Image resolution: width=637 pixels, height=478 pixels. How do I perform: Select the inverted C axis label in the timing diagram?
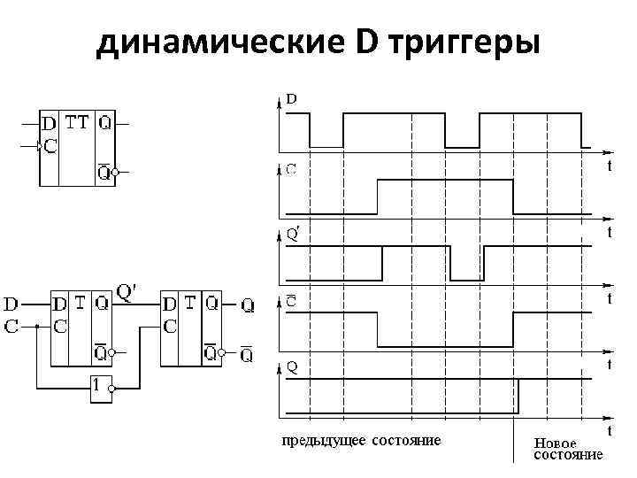click(x=290, y=301)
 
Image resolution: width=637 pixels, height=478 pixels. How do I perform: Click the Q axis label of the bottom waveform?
click(x=290, y=365)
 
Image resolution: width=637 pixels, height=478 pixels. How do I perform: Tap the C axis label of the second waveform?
click(x=290, y=167)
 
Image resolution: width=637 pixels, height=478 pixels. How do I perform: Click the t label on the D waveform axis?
click(x=609, y=166)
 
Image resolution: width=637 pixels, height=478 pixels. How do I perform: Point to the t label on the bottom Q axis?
click(x=609, y=429)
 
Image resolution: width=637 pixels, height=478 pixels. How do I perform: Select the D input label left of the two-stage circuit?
click(x=13, y=304)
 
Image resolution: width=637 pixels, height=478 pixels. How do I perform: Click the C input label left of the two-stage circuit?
click(x=13, y=326)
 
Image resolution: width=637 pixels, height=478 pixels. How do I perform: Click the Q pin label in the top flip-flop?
click(x=105, y=123)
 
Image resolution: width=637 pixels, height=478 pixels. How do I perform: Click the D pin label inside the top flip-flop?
click(x=49, y=124)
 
